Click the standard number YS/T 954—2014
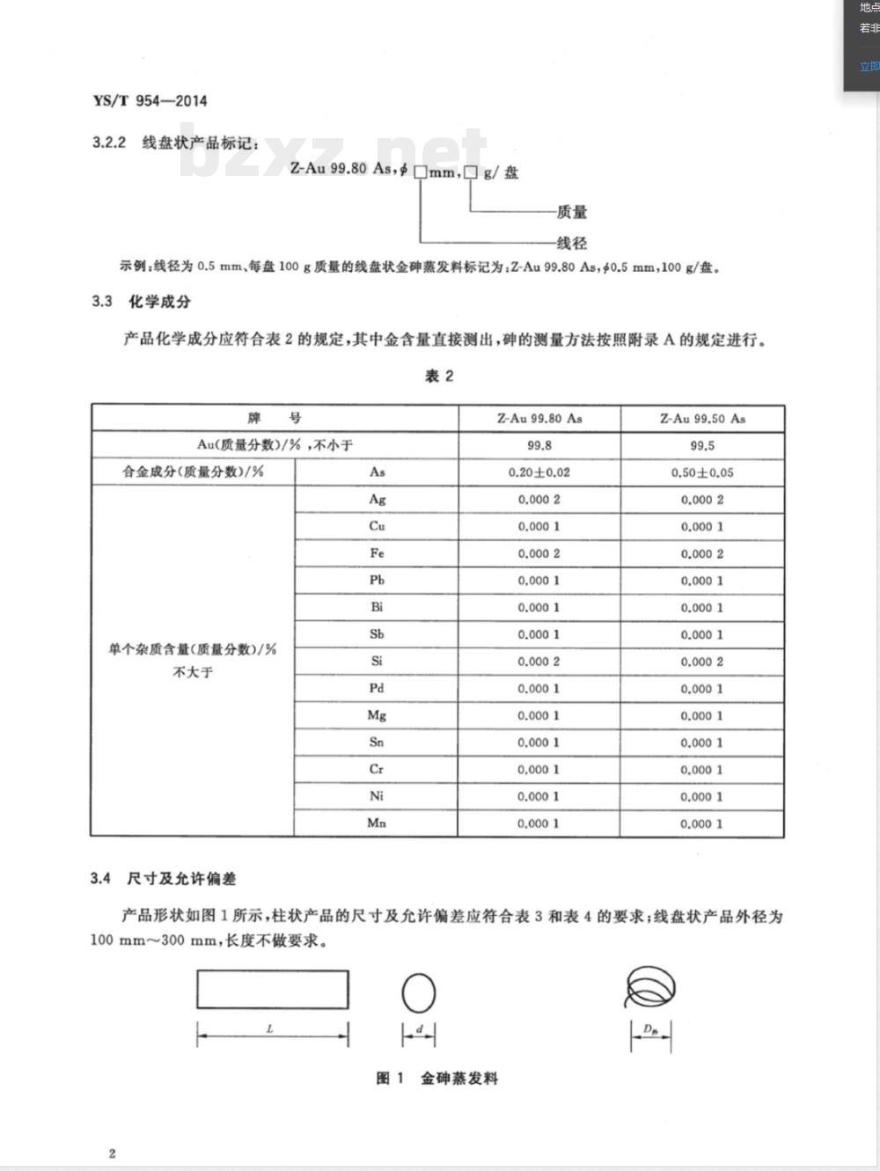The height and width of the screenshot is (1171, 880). tap(150, 100)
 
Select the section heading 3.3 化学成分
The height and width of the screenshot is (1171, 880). tap(141, 302)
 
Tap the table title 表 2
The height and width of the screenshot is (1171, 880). tap(439, 377)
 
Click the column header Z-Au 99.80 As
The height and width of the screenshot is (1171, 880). tap(539, 419)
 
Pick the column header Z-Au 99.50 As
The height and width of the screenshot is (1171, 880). tap(702, 419)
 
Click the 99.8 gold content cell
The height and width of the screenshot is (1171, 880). tap(539, 445)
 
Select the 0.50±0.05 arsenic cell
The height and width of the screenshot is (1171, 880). tap(702, 472)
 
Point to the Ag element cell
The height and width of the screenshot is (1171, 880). tap(377, 500)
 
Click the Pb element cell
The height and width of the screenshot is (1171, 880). tap(377, 581)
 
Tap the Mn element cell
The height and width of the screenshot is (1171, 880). tap(377, 823)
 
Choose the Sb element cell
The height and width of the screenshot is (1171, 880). tap(377, 634)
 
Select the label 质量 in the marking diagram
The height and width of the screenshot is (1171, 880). tap(571, 212)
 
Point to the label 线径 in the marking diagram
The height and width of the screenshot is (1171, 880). tap(571, 243)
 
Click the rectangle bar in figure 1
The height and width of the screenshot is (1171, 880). tap(273, 989)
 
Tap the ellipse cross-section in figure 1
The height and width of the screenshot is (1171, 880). tap(419, 993)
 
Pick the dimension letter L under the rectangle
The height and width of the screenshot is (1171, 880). tap(270, 1028)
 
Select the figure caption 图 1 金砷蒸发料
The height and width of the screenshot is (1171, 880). tap(437, 1079)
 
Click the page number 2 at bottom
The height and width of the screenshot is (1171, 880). tap(112, 1153)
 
